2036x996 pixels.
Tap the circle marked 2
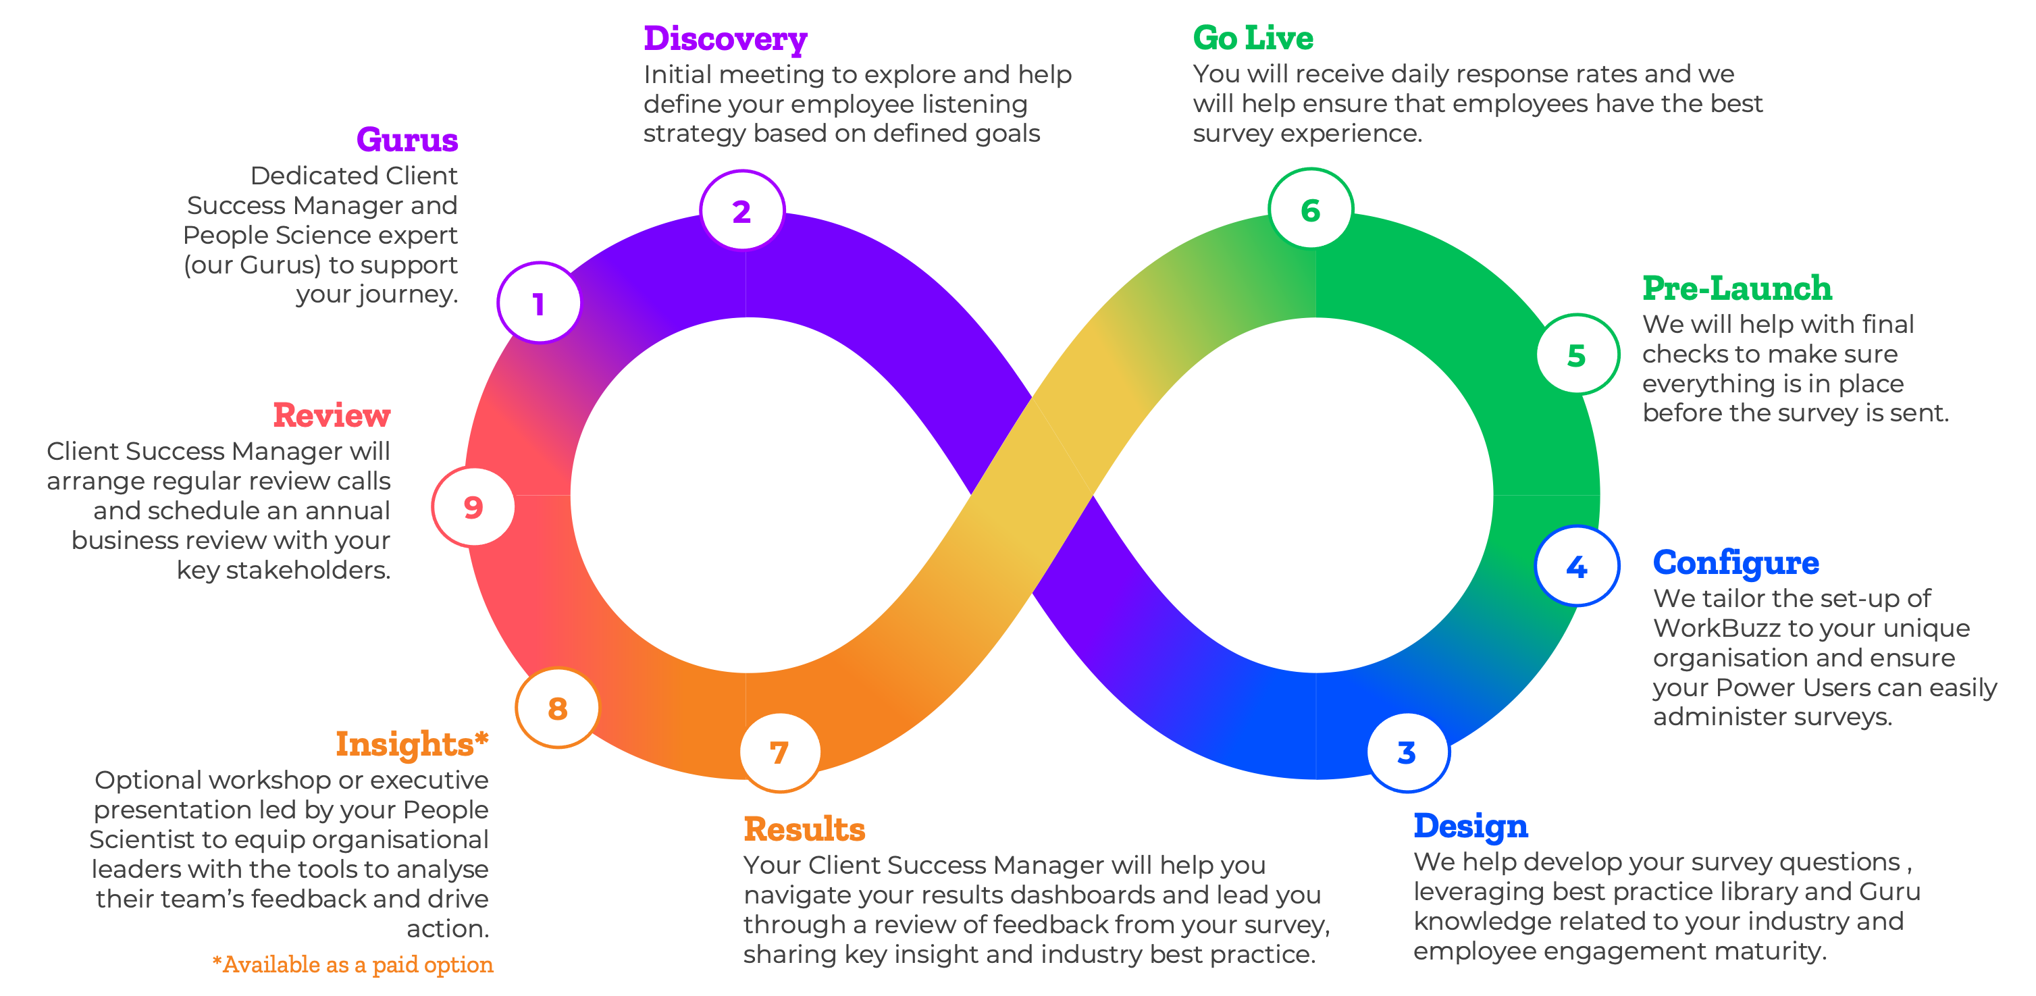(742, 210)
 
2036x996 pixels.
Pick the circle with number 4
(1577, 566)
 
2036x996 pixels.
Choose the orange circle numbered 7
(779, 752)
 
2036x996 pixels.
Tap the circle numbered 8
(557, 708)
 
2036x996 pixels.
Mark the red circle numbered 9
(473, 506)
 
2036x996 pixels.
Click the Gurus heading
(407, 140)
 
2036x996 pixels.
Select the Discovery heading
(725, 38)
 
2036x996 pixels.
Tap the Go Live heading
(1253, 38)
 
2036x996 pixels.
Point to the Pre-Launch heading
(1736, 288)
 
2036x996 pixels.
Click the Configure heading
(1735, 562)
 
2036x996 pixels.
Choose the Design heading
(1470, 826)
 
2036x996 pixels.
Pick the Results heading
(804, 829)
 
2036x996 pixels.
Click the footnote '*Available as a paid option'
(353, 964)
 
